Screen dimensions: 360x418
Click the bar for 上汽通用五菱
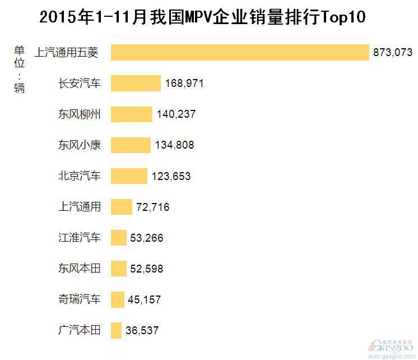pos(240,53)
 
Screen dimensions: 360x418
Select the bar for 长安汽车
pos(136,84)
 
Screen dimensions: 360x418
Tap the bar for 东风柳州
pos(131,114)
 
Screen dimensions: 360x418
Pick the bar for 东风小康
pos(131,145)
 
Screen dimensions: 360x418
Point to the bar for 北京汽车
pos(129,176)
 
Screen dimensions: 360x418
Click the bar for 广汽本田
pos(116,330)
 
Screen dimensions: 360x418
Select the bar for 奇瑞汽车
pos(118,299)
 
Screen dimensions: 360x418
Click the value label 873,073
pos(392,53)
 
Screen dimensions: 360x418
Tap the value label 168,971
pos(184,84)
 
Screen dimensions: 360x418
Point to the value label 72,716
pos(152,207)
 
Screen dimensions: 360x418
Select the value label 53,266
pos(146,238)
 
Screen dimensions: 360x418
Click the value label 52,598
pos(146,269)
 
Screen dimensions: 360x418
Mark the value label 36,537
pos(142,330)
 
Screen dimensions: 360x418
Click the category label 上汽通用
pos(80,207)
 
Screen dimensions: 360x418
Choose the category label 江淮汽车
pos(80,238)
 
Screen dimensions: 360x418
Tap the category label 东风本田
pos(80,269)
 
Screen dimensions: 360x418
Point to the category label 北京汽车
pos(80,176)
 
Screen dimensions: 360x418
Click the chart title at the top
pos(202,17)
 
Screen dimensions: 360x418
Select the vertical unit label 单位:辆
pos(20,67)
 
